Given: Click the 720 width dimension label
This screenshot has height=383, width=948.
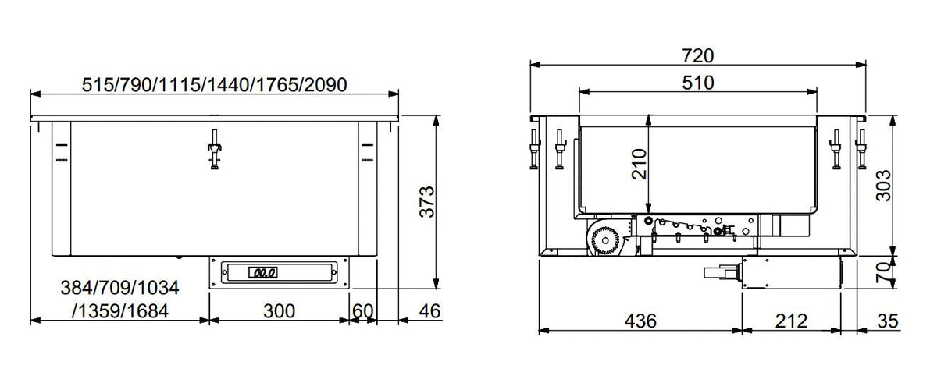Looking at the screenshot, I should pyautogui.click(x=698, y=56).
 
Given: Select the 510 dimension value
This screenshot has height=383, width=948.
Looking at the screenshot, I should pyautogui.click(x=697, y=83).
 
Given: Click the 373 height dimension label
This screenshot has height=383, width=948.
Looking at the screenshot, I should pyautogui.click(x=426, y=202).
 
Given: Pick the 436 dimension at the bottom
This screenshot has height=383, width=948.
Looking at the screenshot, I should pyautogui.click(x=640, y=321).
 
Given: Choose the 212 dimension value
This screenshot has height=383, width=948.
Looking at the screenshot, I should pyautogui.click(x=791, y=321).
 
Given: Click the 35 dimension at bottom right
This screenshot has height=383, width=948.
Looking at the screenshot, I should pyautogui.click(x=888, y=321).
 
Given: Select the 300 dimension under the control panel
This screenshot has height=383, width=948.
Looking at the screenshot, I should pyautogui.click(x=279, y=311).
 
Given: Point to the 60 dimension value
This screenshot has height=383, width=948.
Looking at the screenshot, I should pyautogui.click(x=363, y=311).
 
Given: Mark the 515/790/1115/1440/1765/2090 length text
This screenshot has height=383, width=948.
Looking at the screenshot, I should pyautogui.click(x=214, y=84).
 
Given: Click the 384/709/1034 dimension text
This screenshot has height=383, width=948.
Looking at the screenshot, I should pyautogui.click(x=119, y=289).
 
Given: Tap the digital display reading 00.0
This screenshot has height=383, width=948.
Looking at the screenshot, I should pyautogui.click(x=261, y=273).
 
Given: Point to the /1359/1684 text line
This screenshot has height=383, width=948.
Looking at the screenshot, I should pyautogui.click(x=119, y=311).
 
